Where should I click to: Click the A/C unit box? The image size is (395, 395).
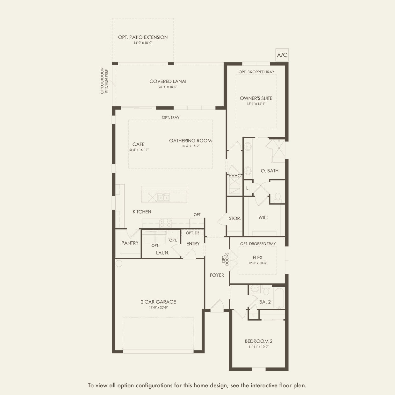tap(282, 55)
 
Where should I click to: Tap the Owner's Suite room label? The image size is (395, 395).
tap(256, 98)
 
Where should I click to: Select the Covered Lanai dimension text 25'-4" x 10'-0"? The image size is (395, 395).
tap(168, 87)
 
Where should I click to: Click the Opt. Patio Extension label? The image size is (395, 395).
tap(143, 37)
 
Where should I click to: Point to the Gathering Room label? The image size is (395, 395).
tap(190, 140)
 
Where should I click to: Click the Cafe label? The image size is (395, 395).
tap(138, 144)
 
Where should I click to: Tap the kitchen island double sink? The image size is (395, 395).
tap(164, 198)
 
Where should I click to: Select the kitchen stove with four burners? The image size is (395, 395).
tap(165, 223)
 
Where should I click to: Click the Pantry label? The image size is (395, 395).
tap(130, 243)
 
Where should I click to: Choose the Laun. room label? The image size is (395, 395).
tap(162, 253)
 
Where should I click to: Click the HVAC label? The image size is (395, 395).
tap(234, 176)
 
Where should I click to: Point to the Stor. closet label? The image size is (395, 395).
tap(235, 219)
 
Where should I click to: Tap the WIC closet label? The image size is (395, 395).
tap(263, 218)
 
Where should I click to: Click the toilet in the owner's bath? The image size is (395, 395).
tap(278, 197)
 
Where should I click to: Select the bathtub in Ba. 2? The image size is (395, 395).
tap(279, 298)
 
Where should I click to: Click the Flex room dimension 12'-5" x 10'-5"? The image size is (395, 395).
tap(258, 263)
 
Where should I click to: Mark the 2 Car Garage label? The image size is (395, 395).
tap(158, 302)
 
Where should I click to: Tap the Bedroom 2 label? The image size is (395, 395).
tap(259, 341)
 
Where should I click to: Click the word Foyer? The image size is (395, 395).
tap(217, 275)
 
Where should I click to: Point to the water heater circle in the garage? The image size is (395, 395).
tap(119, 263)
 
